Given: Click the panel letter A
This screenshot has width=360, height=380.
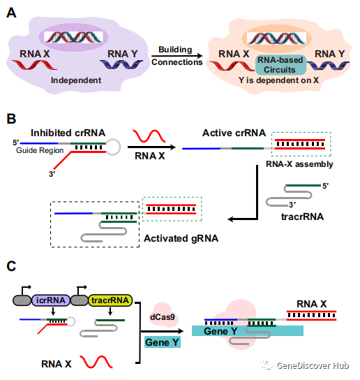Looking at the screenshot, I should [x=11, y=12].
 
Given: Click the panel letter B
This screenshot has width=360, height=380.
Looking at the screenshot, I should [x=11, y=118].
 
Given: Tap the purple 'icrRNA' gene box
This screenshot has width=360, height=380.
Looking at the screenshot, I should [x=62, y=300].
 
